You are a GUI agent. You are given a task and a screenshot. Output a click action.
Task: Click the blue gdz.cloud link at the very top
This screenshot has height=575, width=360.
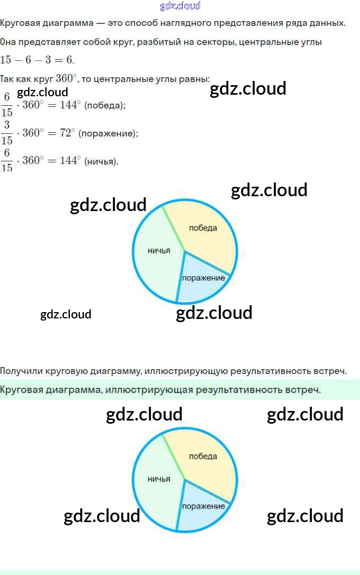pyautogui.click(x=180, y=6)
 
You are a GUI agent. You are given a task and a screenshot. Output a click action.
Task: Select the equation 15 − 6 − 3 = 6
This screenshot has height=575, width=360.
pyautogui.click(x=37, y=60)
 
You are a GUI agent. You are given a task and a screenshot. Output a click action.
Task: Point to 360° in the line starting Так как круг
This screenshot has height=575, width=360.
pyautogui.click(x=66, y=78)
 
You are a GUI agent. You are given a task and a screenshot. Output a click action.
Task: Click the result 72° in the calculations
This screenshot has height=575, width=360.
pyautogui.click(x=67, y=133)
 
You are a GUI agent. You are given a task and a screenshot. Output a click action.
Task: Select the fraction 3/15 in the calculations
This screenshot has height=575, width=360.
pyautogui.click(x=7, y=133)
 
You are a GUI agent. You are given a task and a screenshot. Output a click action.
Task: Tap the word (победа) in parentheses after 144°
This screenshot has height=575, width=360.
pyautogui.click(x=105, y=105)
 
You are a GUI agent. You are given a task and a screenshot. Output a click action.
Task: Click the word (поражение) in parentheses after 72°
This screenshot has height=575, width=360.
pyautogui.click(x=108, y=133)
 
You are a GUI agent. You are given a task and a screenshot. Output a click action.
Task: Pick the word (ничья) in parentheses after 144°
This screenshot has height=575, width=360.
pyautogui.click(x=101, y=161)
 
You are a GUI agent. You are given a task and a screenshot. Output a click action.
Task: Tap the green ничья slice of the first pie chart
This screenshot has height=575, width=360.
pyautogui.click(x=156, y=259)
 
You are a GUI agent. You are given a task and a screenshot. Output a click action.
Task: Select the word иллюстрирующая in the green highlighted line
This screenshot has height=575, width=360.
pyautogui.click(x=149, y=390)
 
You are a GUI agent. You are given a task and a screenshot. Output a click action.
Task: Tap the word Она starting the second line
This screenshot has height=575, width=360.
pyautogui.click(x=8, y=42)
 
